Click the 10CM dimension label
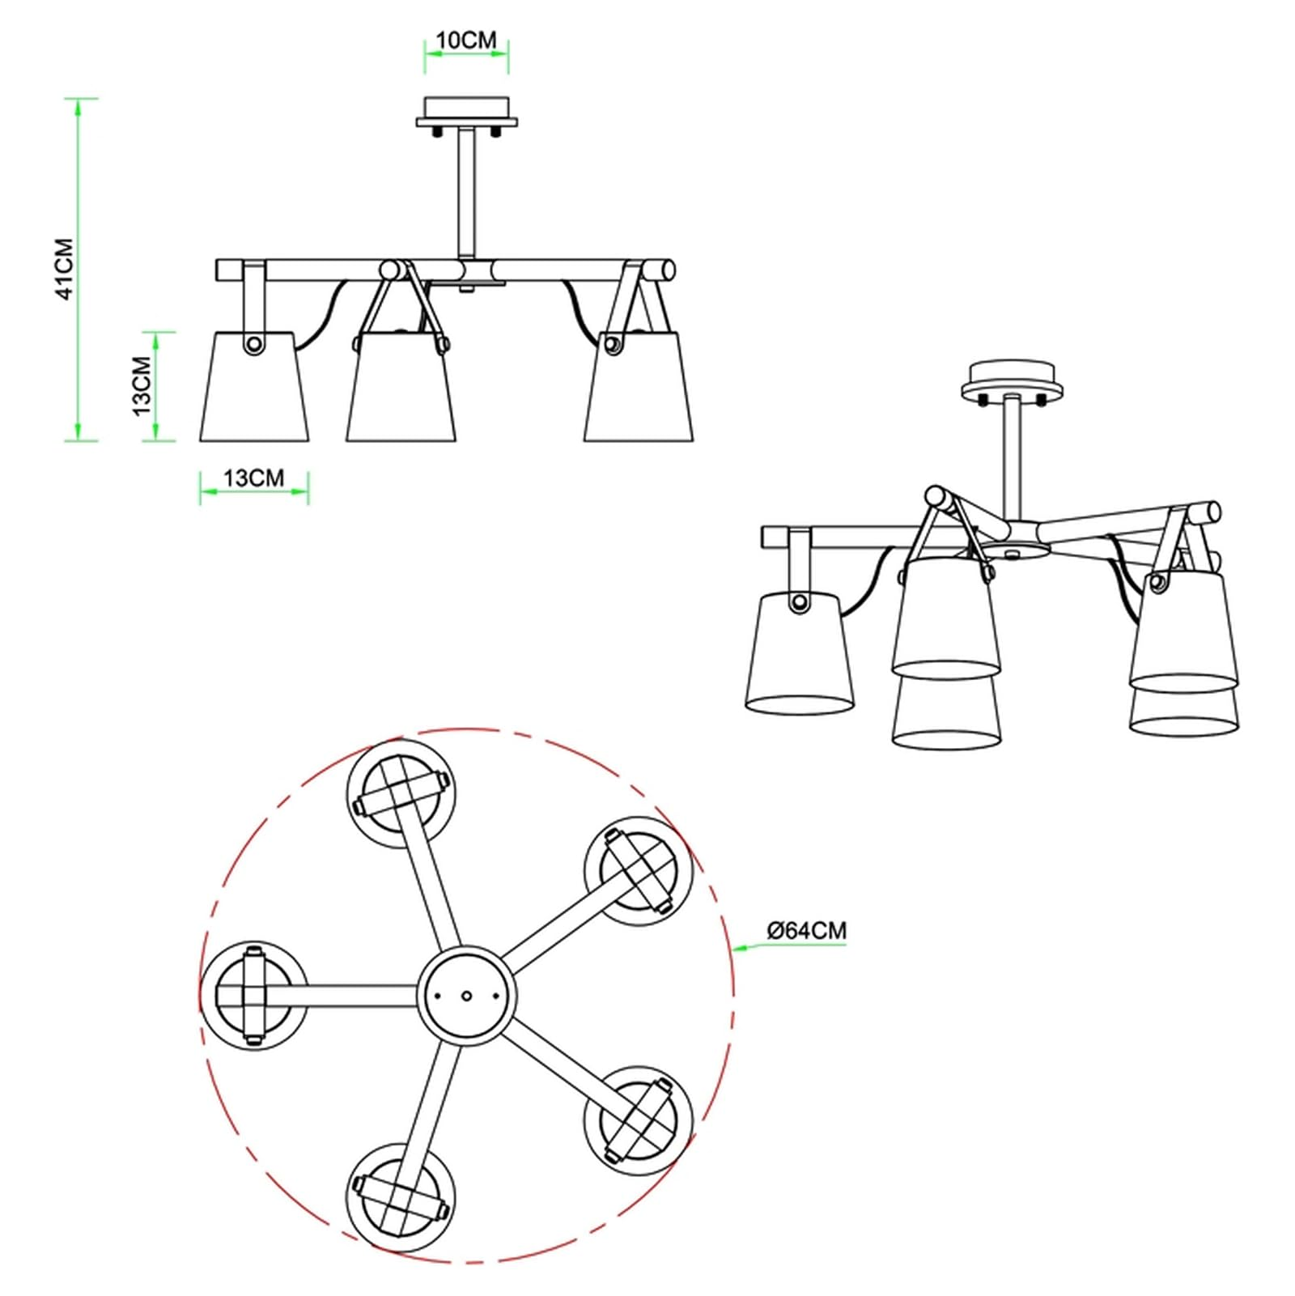pos(466,40)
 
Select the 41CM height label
pos(65,270)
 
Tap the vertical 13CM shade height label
pos(142,386)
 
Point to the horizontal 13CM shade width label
pos(254,478)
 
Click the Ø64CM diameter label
pos(806,931)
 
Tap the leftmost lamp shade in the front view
pos(254,386)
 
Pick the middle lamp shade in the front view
pos(401,388)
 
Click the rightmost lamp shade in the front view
pos(639,387)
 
